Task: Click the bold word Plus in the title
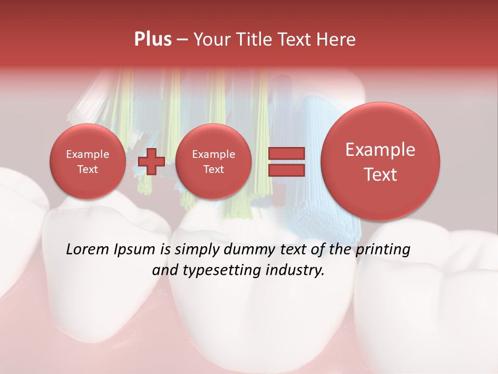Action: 153,39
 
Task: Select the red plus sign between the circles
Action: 151,162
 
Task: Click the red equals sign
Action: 286,162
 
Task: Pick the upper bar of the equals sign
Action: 286,153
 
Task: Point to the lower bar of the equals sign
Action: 286,170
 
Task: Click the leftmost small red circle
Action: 88,162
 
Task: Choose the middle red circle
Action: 213,162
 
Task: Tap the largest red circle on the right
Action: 380,162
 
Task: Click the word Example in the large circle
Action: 380,150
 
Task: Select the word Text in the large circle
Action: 380,175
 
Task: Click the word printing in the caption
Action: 382,249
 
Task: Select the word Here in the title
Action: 338,39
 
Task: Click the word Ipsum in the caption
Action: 136,249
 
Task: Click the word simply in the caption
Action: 198,249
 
